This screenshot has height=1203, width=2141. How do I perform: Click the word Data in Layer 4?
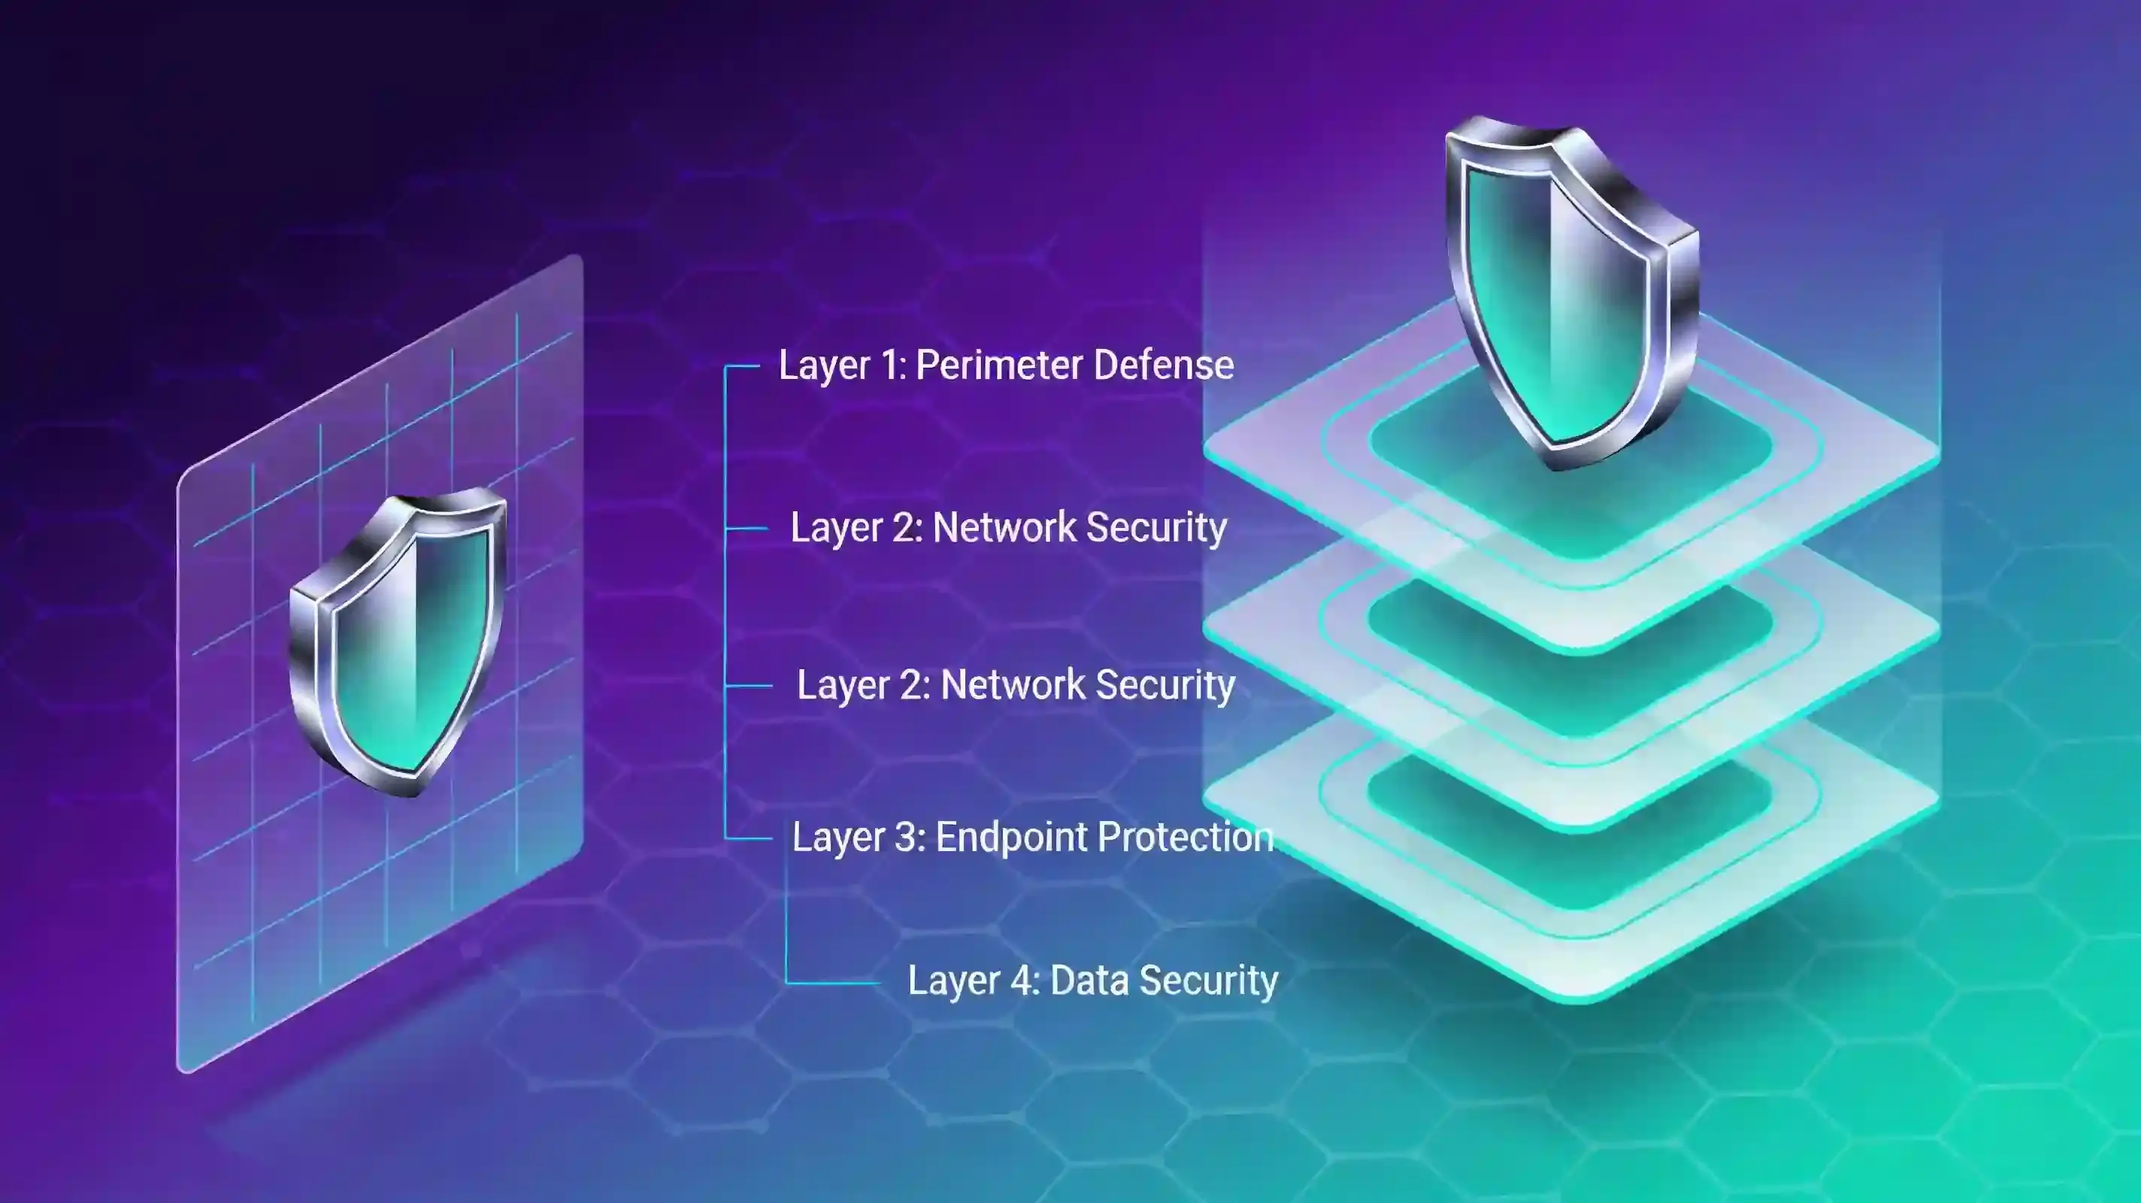[1089, 980]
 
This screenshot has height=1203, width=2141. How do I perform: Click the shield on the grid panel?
[397, 644]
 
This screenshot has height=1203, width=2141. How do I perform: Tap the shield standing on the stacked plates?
[1571, 291]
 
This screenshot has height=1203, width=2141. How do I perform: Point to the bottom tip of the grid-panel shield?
[410, 794]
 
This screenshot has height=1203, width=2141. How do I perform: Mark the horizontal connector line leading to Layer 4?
[833, 983]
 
